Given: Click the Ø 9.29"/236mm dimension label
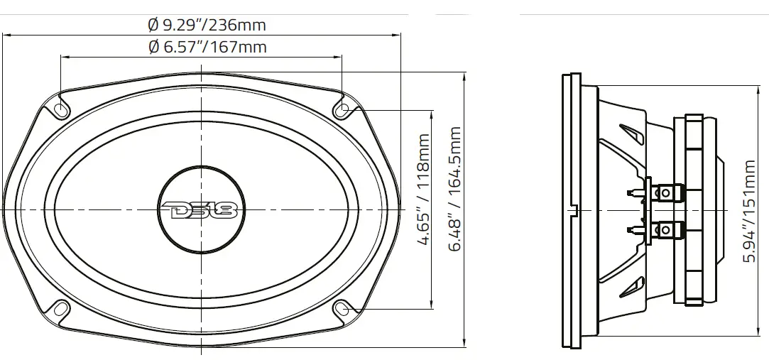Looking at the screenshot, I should (x=207, y=25).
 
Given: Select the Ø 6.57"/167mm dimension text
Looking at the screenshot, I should (x=207, y=48).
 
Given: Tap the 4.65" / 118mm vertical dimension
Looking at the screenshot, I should (x=423, y=190).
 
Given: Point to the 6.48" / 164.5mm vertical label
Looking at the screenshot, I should (x=455, y=189).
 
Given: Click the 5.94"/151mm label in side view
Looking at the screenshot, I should (x=748, y=211).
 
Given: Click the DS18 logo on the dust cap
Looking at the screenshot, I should (x=202, y=209).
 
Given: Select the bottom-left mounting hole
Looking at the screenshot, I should (x=61, y=309).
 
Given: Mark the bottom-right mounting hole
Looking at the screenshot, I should (x=342, y=309).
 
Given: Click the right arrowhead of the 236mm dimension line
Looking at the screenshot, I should (x=398, y=35).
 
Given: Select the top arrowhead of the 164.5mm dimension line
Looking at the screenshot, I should (x=464, y=74).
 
